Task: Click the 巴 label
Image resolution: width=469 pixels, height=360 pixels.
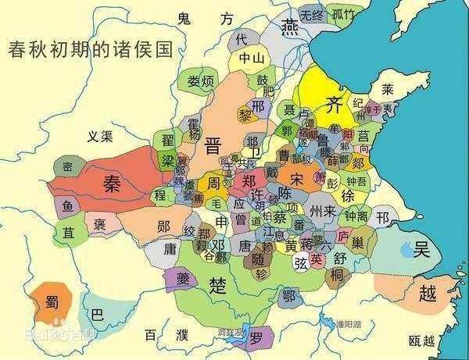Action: tap(98, 315)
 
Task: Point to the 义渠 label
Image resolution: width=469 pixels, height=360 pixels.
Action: tap(101, 136)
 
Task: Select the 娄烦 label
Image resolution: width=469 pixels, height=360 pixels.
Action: tap(201, 80)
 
